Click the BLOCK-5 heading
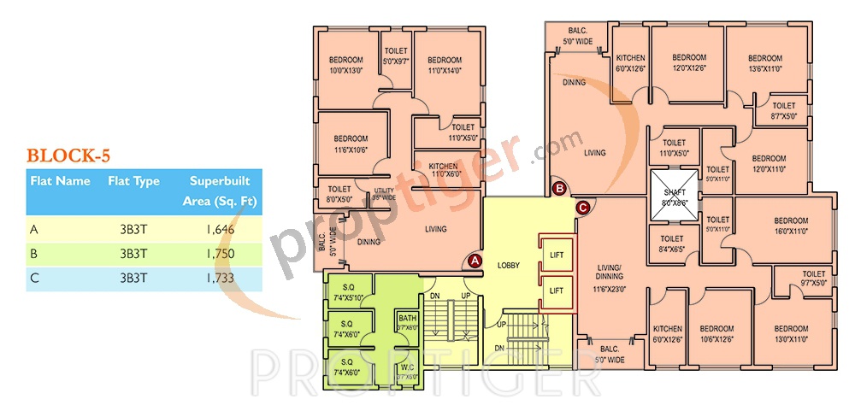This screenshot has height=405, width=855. [x=68, y=156]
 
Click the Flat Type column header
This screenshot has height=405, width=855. [x=133, y=181]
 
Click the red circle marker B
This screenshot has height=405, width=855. [x=559, y=188]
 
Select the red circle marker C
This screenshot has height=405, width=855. [x=583, y=207]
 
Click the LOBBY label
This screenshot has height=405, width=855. [x=509, y=267]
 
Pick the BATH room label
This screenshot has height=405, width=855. [x=407, y=322]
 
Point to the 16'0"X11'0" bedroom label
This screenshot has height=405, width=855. [x=791, y=226]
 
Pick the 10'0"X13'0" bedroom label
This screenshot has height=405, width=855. [x=346, y=65]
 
